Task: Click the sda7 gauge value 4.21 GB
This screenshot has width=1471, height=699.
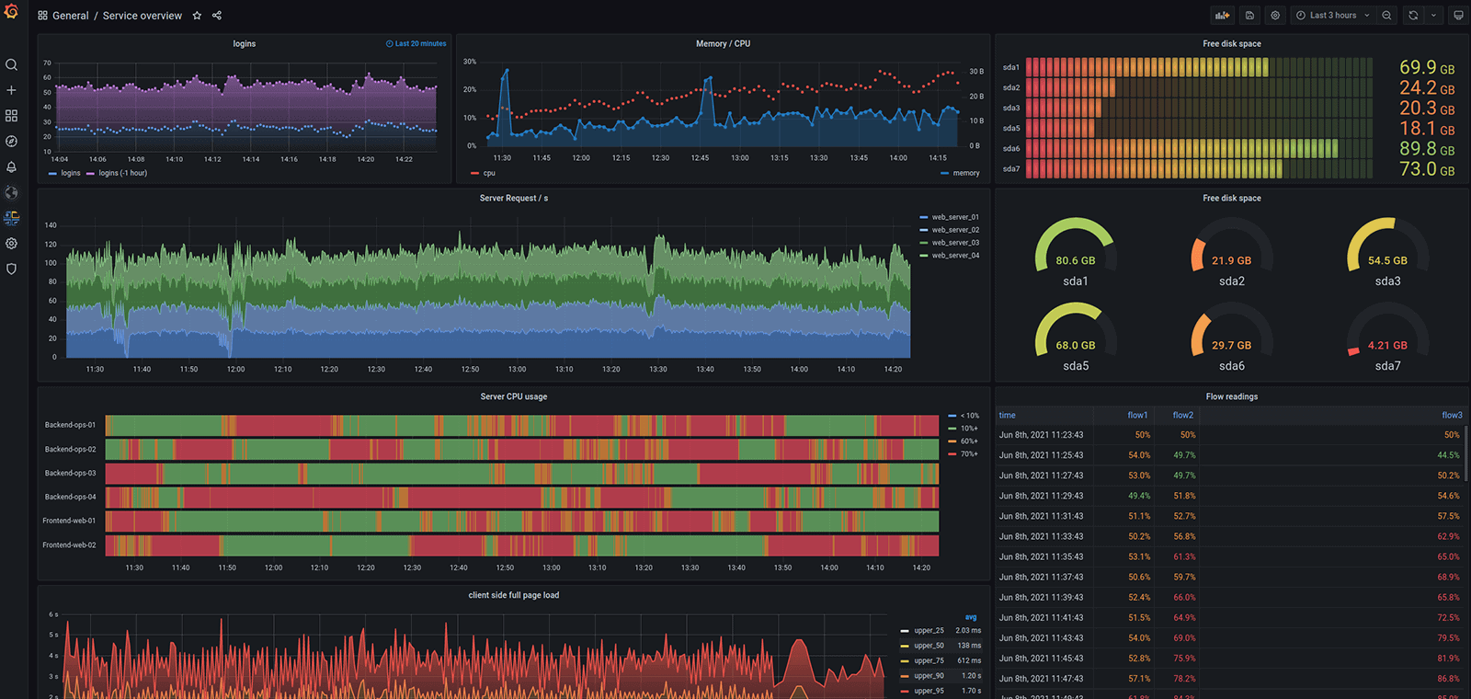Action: pyautogui.click(x=1386, y=346)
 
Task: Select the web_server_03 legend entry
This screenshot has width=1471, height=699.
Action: pyautogui.click(x=955, y=243)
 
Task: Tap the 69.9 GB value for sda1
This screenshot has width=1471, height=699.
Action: pyautogui.click(x=1426, y=68)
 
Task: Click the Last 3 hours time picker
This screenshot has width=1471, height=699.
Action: pyautogui.click(x=1332, y=16)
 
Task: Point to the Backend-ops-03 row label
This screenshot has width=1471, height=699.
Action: pyautogui.click(x=70, y=473)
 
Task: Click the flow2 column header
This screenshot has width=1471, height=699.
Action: pyautogui.click(x=1182, y=415)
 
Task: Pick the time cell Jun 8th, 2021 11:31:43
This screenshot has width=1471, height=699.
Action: pyautogui.click(x=1041, y=516)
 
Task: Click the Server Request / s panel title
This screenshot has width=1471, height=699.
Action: pyautogui.click(x=513, y=199)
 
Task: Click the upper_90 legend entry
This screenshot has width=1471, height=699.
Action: pyautogui.click(x=929, y=676)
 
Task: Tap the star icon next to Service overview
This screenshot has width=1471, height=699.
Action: pyautogui.click(x=197, y=16)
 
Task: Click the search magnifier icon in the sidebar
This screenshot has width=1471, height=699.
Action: pyautogui.click(x=11, y=64)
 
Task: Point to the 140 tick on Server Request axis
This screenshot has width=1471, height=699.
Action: pyautogui.click(x=51, y=225)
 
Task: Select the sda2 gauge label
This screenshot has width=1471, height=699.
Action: pyautogui.click(x=1231, y=281)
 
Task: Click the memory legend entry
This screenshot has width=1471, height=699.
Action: pyautogui.click(x=965, y=173)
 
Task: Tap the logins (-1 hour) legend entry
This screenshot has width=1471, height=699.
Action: pyautogui.click(x=122, y=173)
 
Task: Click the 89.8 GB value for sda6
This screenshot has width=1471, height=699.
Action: pyautogui.click(x=1426, y=149)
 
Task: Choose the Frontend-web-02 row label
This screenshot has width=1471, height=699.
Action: pyautogui.click(x=69, y=544)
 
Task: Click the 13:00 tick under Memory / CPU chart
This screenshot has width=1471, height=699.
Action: pyautogui.click(x=740, y=158)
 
